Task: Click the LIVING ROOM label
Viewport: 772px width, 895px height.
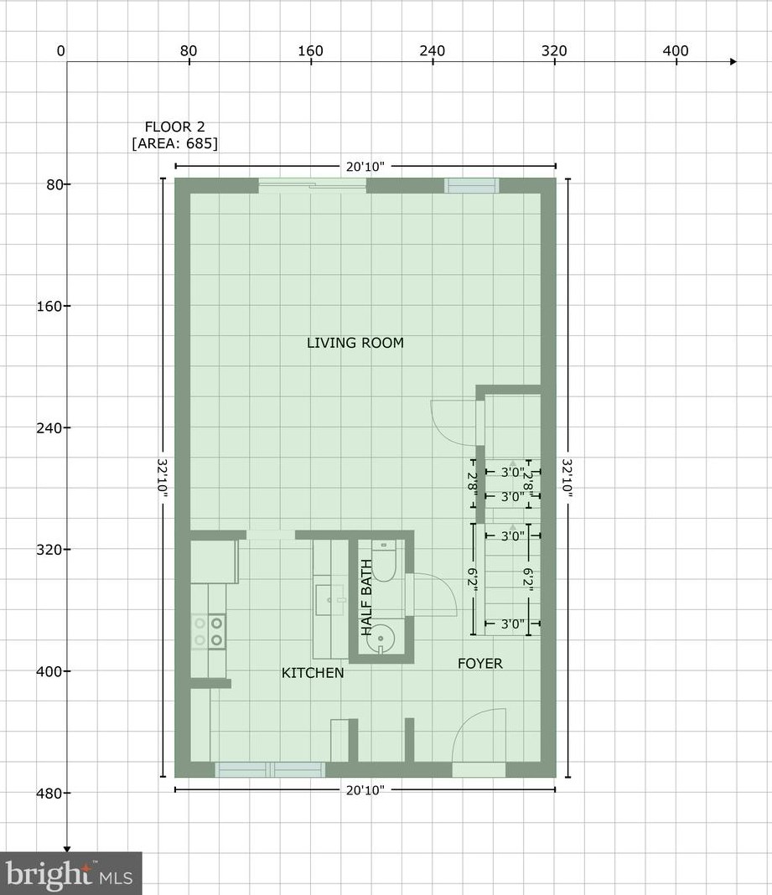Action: coord(355,343)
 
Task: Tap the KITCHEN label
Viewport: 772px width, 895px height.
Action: coord(312,673)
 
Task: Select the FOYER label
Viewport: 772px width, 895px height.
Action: coord(479,664)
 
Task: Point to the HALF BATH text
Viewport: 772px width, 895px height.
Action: coord(366,598)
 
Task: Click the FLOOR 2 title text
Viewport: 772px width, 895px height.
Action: coord(174,127)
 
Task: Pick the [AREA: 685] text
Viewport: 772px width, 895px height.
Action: coord(174,143)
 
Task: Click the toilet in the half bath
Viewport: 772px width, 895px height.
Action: coord(383,561)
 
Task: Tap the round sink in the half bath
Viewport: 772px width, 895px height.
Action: coord(381,637)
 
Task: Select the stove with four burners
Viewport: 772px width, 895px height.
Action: coord(208,631)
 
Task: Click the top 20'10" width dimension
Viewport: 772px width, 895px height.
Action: coord(365,167)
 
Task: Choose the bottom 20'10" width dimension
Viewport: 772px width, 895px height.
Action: coord(365,790)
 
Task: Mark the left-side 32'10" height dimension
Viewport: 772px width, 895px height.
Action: coord(162,479)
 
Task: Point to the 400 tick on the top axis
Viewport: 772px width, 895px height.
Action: coord(675,52)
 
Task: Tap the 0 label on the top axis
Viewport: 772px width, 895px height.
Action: coord(60,52)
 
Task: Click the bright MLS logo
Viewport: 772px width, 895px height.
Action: coord(70,874)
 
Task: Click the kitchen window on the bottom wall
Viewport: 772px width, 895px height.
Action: coord(270,769)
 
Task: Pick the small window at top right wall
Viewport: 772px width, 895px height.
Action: coord(471,185)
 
